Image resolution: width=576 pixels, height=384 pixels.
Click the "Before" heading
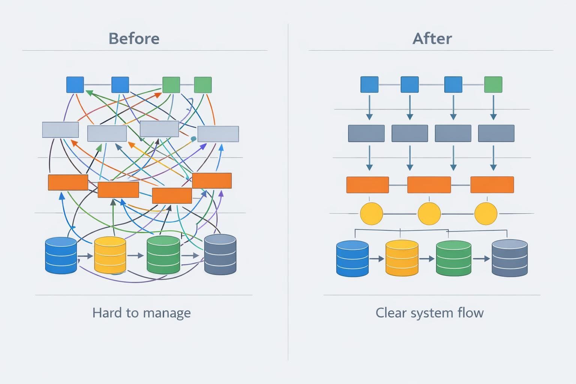(x=134, y=39)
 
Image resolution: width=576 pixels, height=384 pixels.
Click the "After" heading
(x=432, y=39)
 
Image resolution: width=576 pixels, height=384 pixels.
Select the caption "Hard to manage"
(x=141, y=313)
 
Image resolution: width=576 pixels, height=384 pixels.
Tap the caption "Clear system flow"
(x=429, y=313)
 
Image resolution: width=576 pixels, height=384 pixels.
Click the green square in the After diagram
(x=493, y=84)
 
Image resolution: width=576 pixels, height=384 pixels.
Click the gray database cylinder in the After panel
(x=509, y=258)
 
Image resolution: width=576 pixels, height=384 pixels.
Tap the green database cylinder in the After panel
(x=453, y=258)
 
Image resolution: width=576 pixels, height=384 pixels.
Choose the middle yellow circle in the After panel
(x=429, y=214)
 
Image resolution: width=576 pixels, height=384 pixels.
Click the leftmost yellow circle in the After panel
(x=371, y=214)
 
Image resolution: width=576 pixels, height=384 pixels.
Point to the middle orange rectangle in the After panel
(x=429, y=185)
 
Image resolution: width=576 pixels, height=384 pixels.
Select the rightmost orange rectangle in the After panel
(x=492, y=185)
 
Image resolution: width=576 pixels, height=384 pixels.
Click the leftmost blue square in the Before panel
(x=75, y=85)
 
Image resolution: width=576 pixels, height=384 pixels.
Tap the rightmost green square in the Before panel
(x=203, y=85)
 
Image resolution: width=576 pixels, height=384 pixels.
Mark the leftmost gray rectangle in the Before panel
(x=60, y=130)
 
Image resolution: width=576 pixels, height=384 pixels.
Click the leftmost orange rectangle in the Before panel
(x=68, y=182)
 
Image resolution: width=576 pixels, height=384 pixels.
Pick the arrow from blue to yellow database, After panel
(x=377, y=259)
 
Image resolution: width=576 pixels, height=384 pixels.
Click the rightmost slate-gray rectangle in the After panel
(x=496, y=133)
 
